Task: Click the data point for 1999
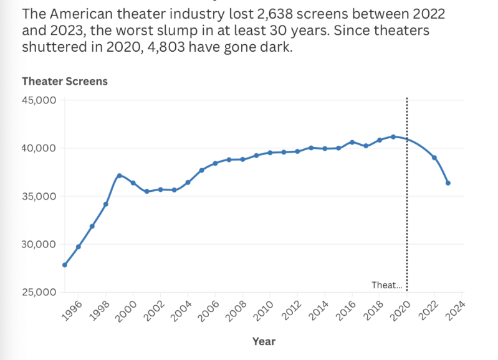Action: click(x=119, y=176)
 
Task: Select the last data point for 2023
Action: click(x=448, y=183)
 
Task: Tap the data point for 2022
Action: click(x=434, y=158)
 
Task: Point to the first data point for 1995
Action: click(x=65, y=265)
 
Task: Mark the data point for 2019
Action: click(x=393, y=136)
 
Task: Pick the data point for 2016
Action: click(x=352, y=142)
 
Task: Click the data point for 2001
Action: click(x=146, y=191)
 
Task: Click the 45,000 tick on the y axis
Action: click(x=40, y=100)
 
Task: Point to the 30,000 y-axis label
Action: click(x=40, y=244)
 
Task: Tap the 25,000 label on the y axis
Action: click(x=40, y=292)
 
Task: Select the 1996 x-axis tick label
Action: click(x=74, y=310)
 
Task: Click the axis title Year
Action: click(x=264, y=341)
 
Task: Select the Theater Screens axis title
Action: click(x=65, y=82)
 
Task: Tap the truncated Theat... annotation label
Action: click(x=387, y=285)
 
